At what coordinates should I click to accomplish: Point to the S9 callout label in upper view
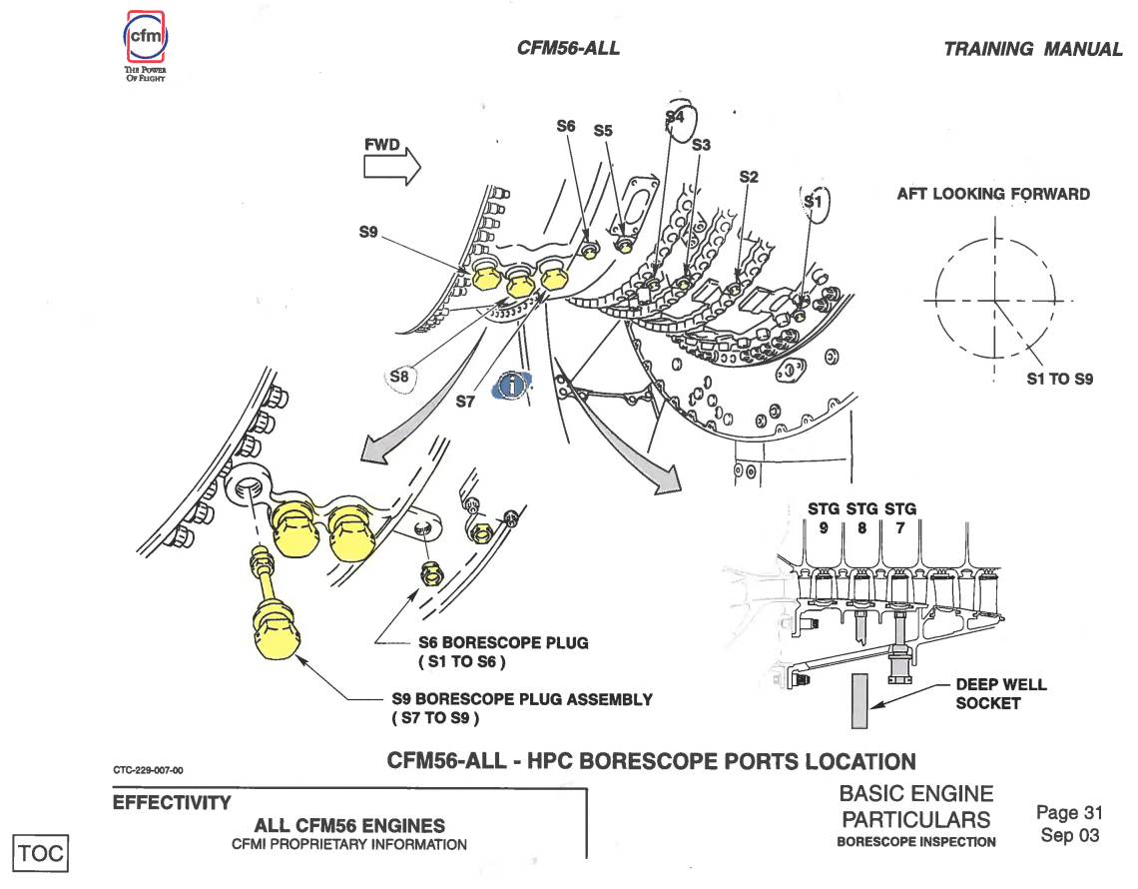point(369,233)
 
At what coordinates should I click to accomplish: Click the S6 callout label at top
point(566,127)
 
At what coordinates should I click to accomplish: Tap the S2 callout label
point(749,176)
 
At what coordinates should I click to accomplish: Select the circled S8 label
point(399,377)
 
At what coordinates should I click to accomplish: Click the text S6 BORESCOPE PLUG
point(503,643)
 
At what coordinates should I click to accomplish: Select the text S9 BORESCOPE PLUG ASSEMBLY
point(521,699)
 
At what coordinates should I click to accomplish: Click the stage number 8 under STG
point(859,528)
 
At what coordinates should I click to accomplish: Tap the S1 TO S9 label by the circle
point(1060,380)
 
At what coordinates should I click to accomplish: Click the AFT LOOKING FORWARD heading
point(993,194)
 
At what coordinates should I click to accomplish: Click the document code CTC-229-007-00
point(148,770)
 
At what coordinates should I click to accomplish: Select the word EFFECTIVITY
point(172,802)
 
